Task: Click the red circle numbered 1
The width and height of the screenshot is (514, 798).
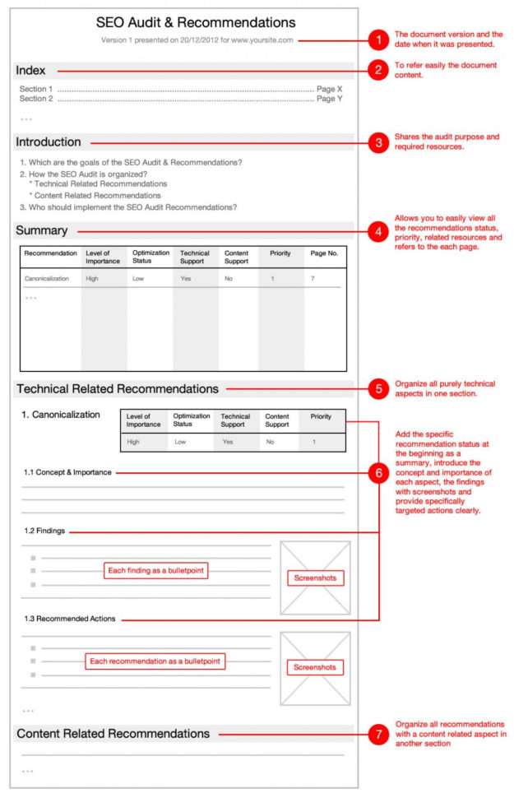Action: click(x=377, y=39)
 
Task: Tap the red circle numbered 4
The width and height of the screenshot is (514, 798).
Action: click(x=377, y=232)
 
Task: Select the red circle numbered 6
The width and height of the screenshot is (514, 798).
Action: click(x=377, y=473)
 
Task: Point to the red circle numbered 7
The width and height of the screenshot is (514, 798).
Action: click(x=377, y=735)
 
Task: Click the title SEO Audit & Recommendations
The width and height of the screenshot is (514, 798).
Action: click(x=196, y=23)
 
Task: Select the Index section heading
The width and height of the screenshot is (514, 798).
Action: click(x=31, y=71)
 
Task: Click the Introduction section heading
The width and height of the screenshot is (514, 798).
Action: click(x=49, y=142)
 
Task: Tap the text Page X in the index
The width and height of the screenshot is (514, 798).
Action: click(x=329, y=89)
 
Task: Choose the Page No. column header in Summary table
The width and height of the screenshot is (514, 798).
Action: click(x=323, y=253)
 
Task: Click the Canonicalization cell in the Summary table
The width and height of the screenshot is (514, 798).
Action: click(x=47, y=279)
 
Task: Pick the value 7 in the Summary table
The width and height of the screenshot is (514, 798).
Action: click(x=313, y=279)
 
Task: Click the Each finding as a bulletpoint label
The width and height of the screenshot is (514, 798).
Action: click(x=155, y=571)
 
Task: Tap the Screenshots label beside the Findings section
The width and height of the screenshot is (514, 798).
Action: click(x=315, y=578)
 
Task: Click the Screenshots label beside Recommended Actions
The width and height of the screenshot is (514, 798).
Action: click(x=315, y=667)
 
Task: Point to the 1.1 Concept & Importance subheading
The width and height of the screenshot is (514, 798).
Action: click(x=67, y=472)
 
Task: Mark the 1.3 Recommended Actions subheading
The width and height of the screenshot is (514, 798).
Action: click(x=70, y=619)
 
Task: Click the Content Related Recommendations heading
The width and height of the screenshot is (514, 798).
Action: click(x=113, y=734)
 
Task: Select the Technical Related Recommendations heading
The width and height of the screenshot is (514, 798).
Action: click(x=118, y=388)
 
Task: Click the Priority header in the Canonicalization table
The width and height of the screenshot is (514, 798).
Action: click(x=321, y=417)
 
